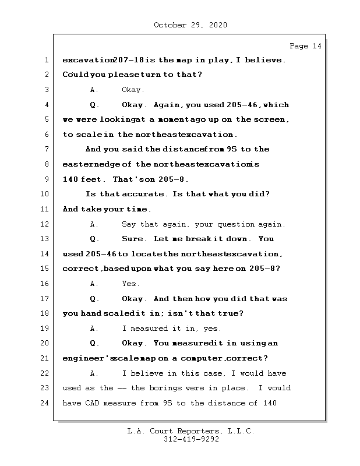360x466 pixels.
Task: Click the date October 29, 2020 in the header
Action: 190,25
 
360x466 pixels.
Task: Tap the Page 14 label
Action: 305,46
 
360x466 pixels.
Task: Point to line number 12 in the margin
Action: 45,224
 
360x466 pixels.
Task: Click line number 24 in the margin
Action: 45,403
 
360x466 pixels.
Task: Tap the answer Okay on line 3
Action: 133,90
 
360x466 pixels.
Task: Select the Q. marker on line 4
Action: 94,105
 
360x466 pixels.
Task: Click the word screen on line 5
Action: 271,119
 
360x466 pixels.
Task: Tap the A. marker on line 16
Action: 94,284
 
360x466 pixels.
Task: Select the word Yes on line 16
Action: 130,284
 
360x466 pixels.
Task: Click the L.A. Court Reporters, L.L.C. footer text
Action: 190,432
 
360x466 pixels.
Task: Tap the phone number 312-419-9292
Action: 190,440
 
